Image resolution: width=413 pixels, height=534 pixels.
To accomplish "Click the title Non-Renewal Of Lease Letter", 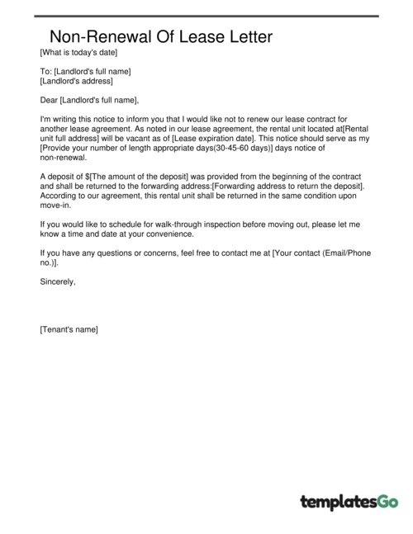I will click(x=160, y=37).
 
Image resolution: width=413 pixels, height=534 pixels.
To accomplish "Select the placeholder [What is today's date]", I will click(x=78, y=53).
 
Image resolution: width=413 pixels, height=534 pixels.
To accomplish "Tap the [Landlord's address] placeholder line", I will click(x=76, y=81).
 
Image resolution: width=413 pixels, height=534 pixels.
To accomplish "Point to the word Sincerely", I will click(x=58, y=281).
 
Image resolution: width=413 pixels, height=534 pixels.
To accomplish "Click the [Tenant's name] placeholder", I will click(x=69, y=329).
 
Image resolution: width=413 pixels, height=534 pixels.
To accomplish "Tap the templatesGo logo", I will click(x=349, y=501).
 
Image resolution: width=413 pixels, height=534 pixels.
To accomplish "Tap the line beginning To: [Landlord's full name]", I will click(x=85, y=72).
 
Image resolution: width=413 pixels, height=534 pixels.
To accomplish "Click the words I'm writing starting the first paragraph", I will click(x=59, y=120).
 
